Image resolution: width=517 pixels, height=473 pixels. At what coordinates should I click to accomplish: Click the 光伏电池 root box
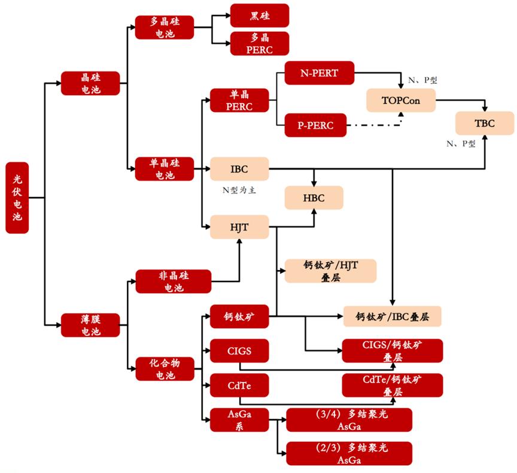pos(17,197)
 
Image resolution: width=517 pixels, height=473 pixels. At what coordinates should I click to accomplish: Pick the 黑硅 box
pos(259,14)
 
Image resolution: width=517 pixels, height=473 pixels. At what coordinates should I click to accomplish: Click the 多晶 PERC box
pos(259,44)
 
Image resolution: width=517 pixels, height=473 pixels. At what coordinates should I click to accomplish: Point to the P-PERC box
pos(315,125)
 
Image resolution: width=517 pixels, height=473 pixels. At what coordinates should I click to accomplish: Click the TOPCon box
pos(400,100)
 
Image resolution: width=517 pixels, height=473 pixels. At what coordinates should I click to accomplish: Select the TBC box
pos(484,123)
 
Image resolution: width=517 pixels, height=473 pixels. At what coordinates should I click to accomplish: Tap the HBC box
pos(314,198)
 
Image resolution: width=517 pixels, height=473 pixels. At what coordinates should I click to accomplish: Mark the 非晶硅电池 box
pos(173,281)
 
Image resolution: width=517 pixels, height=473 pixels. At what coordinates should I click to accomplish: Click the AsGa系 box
pos(239,420)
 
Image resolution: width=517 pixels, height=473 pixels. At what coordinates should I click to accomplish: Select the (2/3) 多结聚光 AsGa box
pos(349,453)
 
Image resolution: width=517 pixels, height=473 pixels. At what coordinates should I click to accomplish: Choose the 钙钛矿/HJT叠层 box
pos(330,271)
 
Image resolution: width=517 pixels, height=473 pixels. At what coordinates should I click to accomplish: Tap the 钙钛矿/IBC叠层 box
pos(398,316)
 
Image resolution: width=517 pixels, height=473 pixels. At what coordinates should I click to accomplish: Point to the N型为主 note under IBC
pos(239,190)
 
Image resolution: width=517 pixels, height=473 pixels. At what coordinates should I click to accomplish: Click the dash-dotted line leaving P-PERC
pos(374,125)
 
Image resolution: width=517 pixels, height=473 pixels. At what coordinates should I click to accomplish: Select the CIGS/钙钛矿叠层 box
pos(392,350)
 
